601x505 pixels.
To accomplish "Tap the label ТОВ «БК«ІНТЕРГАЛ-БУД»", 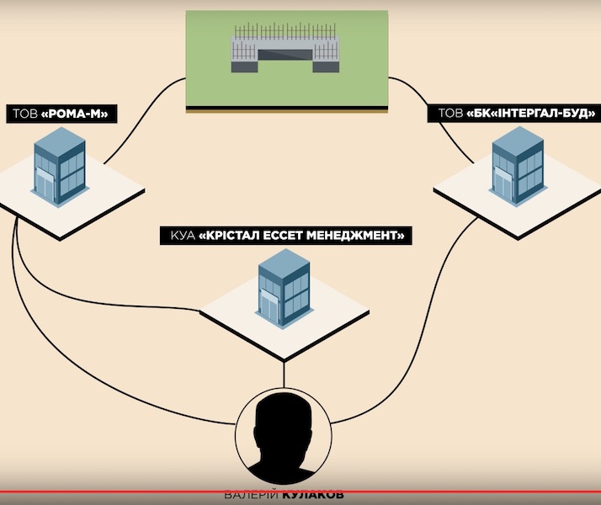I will tap(513, 113).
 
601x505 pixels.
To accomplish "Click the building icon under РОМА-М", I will tap(59, 171).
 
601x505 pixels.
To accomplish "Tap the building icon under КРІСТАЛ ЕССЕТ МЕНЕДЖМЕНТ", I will tap(284, 284).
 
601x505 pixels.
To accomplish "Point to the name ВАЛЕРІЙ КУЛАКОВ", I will tap(285, 495).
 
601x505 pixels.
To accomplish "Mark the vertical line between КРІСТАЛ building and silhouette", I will tap(284, 370).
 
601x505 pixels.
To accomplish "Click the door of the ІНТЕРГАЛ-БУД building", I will tap(503, 185).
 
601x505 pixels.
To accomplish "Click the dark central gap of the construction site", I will tap(286, 56).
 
